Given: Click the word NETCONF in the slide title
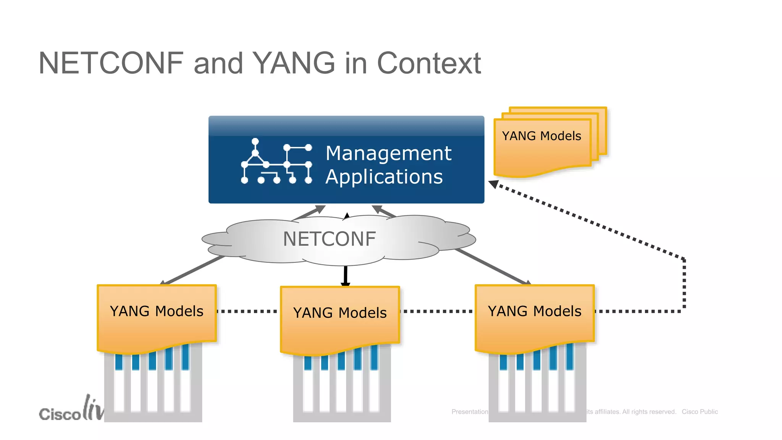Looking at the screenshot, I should point(111,63).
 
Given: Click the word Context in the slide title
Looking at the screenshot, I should point(428,63).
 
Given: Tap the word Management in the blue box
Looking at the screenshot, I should point(388,153).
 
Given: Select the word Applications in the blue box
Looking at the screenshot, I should point(384,177).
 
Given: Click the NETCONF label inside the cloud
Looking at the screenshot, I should point(329,239).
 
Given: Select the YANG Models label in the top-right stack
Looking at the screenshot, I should point(541,136).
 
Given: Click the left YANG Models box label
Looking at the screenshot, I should point(157,311).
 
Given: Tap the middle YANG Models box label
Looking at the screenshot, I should point(340,313).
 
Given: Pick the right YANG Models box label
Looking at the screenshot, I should point(535,311).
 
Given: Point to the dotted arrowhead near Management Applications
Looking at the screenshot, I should point(494,184).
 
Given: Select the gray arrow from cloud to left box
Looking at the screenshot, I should point(193,271).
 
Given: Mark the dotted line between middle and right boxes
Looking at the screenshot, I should point(437,311).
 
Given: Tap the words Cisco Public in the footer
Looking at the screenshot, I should point(700,412).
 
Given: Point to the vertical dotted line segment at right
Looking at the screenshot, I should point(684,285).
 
